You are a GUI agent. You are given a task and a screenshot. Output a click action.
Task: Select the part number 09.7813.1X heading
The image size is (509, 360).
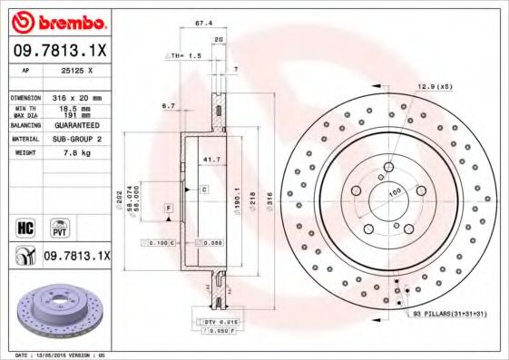[56, 50]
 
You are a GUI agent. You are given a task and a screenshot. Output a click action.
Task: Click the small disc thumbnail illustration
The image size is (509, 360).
[56, 310]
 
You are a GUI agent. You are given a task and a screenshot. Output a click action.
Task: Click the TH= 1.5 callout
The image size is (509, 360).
[184, 55]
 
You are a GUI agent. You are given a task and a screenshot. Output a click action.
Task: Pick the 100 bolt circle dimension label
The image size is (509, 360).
[396, 193]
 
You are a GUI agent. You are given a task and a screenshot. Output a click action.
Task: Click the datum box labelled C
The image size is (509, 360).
[204, 189]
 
